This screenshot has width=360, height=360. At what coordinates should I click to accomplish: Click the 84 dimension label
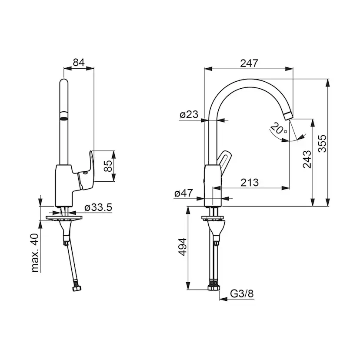point(79,63)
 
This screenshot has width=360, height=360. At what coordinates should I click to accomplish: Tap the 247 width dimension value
point(249,63)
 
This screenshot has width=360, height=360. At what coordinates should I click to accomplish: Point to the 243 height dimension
point(307,159)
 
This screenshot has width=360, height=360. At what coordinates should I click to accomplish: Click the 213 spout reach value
point(250,183)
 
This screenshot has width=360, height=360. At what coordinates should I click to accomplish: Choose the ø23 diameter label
point(189,114)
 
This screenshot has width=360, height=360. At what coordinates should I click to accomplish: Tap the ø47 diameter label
point(183,193)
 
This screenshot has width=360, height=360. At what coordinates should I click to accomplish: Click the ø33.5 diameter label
point(98,207)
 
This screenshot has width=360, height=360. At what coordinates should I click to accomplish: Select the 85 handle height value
point(108,166)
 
